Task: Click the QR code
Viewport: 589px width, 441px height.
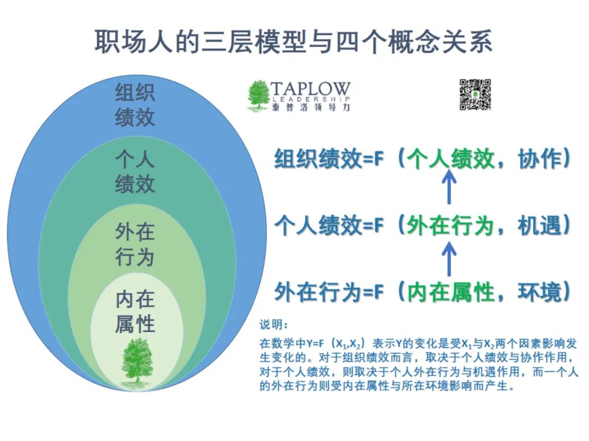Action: (x=475, y=95)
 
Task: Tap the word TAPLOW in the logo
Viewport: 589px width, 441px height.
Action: (x=310, y=89)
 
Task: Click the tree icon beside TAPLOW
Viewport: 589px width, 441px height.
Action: (x=259, y=96)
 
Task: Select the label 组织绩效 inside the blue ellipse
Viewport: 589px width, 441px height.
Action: (x=135, y=105)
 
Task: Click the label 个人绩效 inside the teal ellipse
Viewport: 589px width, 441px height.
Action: (x=135, y=172)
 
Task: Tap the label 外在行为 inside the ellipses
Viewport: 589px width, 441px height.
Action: (x=135, y=245)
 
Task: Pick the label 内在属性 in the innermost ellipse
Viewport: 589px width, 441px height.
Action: (x=135, y=311)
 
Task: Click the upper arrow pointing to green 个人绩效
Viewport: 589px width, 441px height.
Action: (x=449, y=186)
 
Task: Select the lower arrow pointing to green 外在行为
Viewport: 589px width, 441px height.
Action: (x=449, y=258)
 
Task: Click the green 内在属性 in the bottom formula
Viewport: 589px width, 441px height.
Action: (x=450, y=292)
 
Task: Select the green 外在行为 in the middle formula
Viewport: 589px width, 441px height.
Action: (x=450, y=226)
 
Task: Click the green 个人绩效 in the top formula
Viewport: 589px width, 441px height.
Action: (x=450, y=159)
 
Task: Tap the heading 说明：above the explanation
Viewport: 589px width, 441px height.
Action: (x=274, y=325)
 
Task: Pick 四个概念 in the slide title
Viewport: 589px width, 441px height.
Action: (x=388, y=41)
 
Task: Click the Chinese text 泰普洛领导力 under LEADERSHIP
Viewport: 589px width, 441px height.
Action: (x=311, y=107)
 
